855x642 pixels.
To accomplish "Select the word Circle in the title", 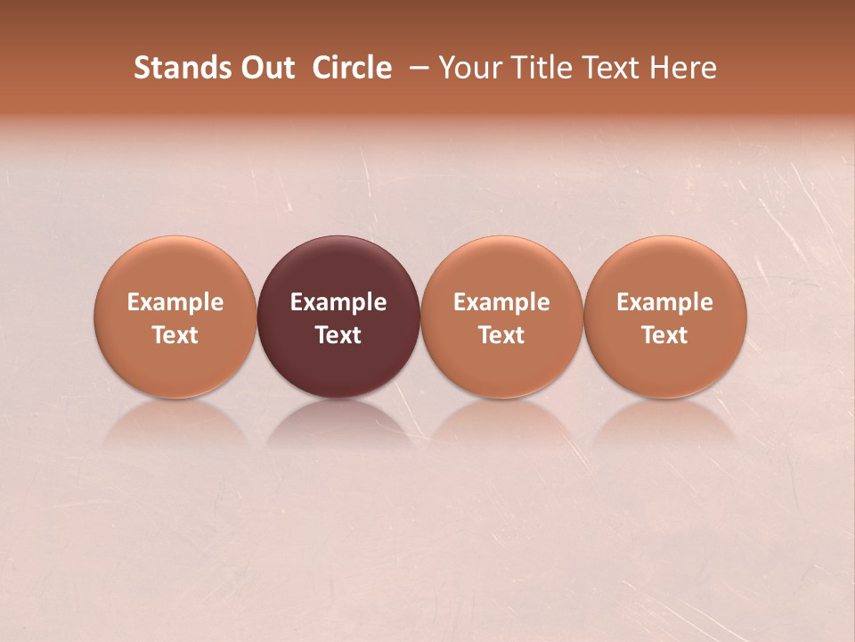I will (x=352, y=68).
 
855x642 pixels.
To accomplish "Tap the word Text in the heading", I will (x=608, y=68).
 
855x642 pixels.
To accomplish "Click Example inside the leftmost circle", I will (x=175, y=302).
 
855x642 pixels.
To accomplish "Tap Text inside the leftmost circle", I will (x=175, y=335).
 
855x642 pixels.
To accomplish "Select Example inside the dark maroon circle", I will (x=338, y=302).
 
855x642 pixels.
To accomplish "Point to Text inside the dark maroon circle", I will (x=338, y=335).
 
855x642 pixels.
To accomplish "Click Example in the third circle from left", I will (x=501, y=302).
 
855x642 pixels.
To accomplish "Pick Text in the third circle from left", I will (x=501, y=335).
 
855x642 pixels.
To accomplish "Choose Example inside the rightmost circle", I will (x=664, y=302).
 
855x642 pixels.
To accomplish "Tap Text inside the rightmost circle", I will (x=664, y=335).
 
